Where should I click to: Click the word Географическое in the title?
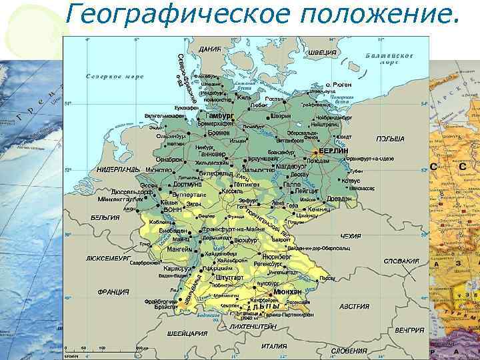point(173,15)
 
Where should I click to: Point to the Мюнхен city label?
point(287,292)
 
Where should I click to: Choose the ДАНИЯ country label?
point(210,50)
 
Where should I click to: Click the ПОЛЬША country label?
point(391,139)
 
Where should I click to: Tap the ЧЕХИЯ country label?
point(350,236)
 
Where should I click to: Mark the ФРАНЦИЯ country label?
point(113,291)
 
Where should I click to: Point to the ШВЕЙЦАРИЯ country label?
point(187,333)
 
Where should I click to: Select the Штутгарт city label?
point(229,277)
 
